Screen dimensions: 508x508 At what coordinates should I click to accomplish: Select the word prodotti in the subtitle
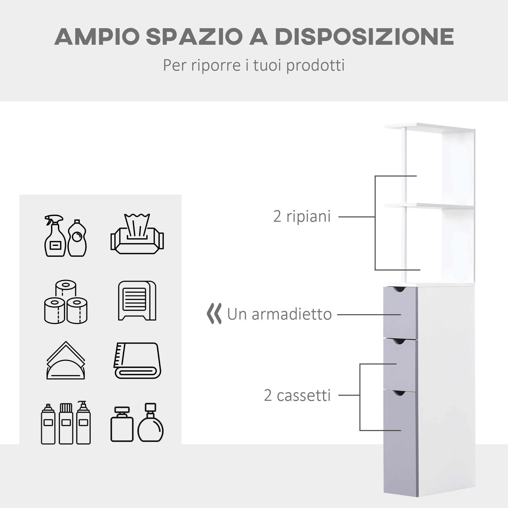coord(315,66)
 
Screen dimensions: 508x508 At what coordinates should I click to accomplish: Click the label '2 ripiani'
coord(302,217)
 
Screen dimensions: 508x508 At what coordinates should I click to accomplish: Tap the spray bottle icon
coord(54,236)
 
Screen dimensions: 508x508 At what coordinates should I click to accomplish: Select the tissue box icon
coord(137,234)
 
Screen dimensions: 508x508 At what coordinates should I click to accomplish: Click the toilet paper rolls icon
coord(66,301)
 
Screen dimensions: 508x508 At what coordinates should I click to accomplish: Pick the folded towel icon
coord(137,360)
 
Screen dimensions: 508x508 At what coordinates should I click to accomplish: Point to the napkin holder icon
coord(66,360)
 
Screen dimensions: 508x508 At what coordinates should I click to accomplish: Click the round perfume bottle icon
coord(150,423)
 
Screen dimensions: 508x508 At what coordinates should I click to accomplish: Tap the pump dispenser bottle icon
coord(83,423)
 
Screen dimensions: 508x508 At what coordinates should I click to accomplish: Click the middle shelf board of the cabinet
coord(428,206)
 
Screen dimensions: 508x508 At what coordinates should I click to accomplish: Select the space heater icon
coord(137,300)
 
